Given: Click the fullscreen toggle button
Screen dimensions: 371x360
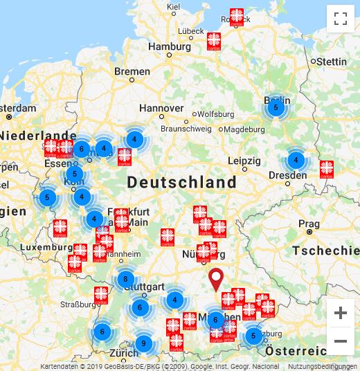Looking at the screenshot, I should [340, 19].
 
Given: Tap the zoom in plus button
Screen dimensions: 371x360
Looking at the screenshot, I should [340, 313].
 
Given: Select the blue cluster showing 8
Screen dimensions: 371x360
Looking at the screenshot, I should [125, 280].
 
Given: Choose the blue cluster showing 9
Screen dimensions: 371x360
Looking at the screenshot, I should [143, 343].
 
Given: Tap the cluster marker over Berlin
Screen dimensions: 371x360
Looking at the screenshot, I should [276, 107].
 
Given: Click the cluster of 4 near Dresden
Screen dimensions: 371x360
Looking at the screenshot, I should [296, 160].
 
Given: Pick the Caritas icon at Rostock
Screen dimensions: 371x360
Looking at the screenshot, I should [237, 17].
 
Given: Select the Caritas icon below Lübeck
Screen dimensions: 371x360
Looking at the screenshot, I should [215, 40].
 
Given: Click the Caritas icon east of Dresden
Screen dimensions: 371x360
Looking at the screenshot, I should [327, 168].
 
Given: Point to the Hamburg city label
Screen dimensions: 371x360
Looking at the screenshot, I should [169, 47].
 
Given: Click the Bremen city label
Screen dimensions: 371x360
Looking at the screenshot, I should [132, 71].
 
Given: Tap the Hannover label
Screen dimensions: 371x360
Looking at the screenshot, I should [161, 108].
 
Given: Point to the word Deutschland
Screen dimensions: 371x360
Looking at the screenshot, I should [182, 183].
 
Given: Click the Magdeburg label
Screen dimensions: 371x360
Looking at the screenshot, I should [244, 129].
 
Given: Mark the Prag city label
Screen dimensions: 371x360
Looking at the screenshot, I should [309, 224].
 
